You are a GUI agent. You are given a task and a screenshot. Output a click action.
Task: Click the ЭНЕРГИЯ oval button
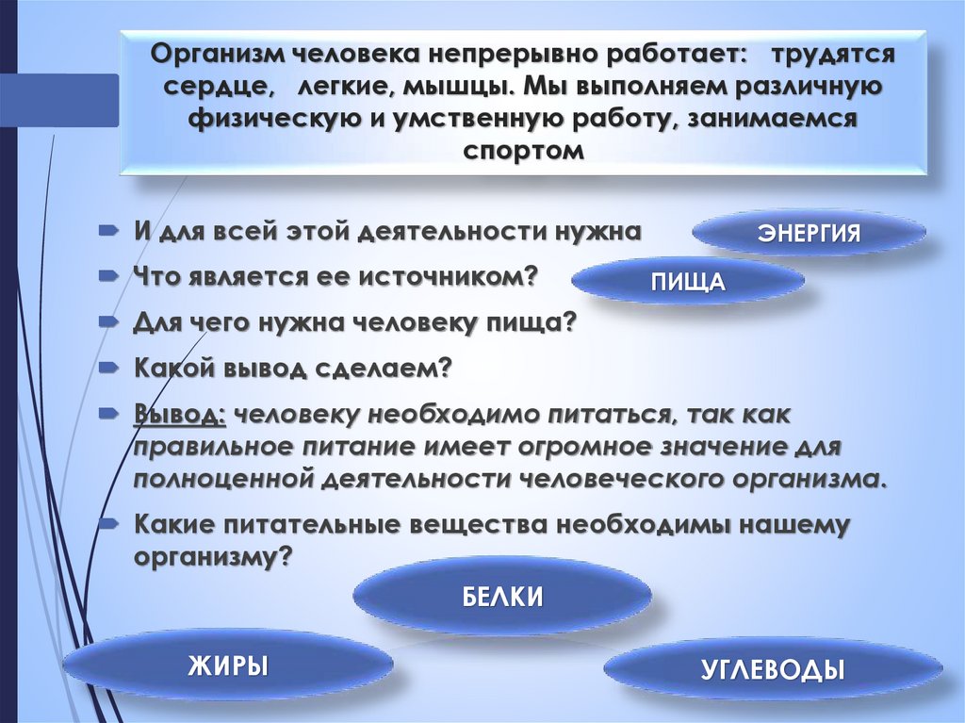pyautogui.click(x=810, y=233)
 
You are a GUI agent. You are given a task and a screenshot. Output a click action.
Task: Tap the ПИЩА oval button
pyautogui.click(x=687, y=282)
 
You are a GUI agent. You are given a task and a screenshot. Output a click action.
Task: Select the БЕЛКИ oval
pyautogui.click(x=502, y=597)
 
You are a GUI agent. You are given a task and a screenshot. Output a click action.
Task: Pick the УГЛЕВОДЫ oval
pyautogui.click(x=772, y=670)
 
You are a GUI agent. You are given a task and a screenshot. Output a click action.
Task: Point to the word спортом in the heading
pyautogui.click(x=524, y=150)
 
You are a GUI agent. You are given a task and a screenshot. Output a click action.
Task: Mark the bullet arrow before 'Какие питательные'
pyautogui.click(x=110, y=523)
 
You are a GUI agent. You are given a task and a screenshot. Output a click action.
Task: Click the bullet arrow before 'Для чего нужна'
pyautogui.click(x=110, y=321)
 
